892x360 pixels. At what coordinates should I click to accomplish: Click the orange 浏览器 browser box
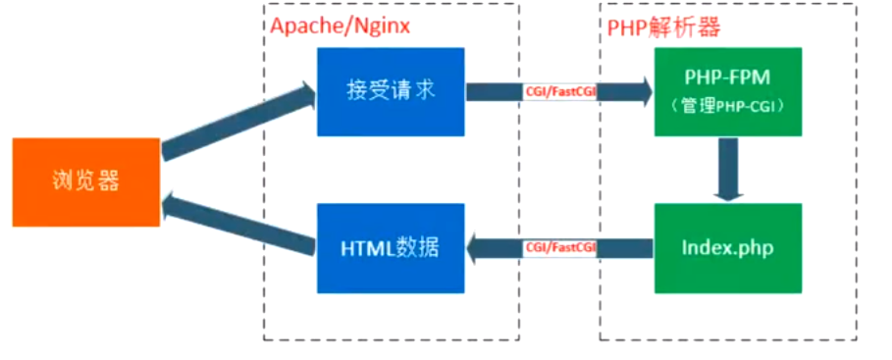(x=85, y=181)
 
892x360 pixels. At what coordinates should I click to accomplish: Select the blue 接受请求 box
(x=390, y=91)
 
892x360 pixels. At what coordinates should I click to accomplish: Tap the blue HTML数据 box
(x=390, y=248)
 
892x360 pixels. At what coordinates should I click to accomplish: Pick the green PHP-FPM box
(x=727, y=91)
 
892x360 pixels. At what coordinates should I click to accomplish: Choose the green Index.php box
(x=727, y=248)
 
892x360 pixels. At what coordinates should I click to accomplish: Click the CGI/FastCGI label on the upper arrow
(x=560, y=92)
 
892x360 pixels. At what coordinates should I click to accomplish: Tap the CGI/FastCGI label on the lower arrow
(x=560, y=248)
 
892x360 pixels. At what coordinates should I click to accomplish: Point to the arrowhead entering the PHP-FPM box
(x=642, y=92)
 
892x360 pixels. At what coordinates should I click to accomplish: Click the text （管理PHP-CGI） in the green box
(x=727, y=104)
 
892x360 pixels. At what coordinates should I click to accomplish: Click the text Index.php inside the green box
(x=727, y=248)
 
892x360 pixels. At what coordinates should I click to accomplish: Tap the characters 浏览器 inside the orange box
(x=85, y=181)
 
